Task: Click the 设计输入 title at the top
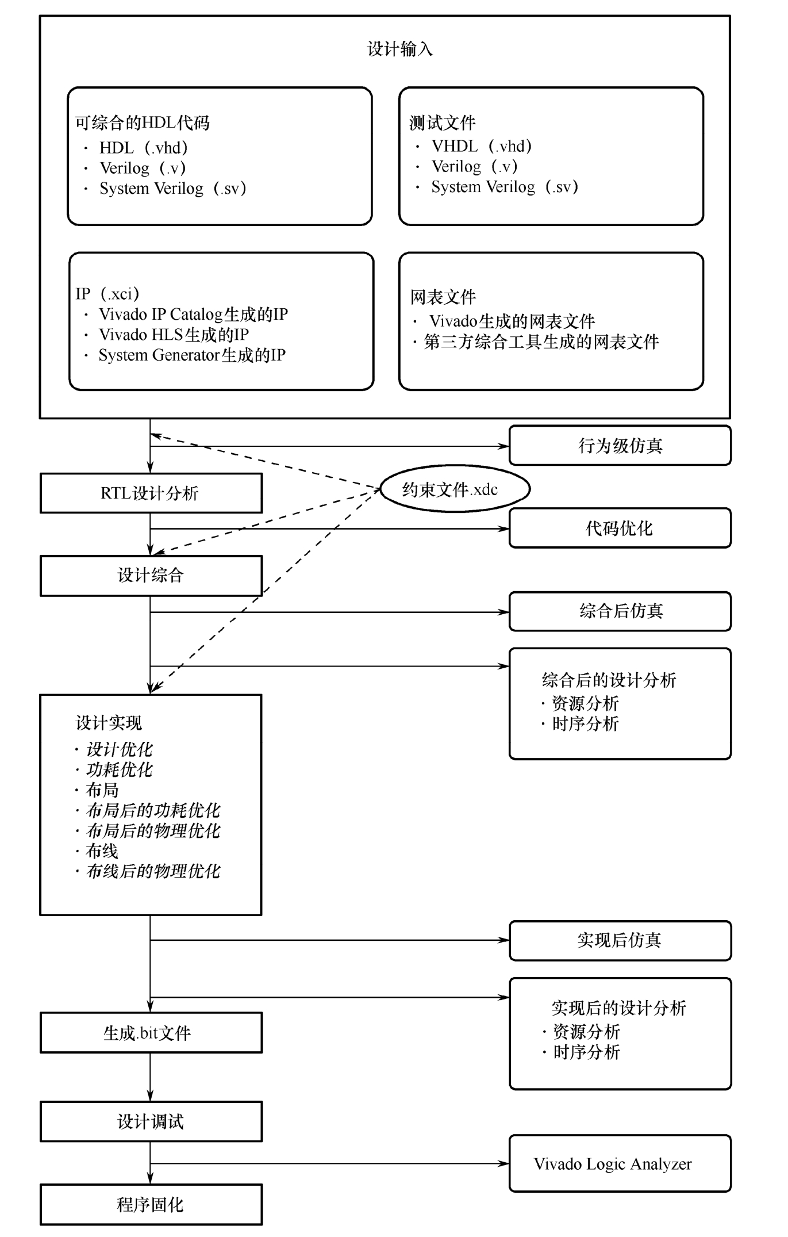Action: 399,49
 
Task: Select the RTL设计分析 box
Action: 151,493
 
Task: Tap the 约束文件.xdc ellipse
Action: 454,489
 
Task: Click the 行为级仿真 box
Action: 620,446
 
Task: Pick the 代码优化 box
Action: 620,528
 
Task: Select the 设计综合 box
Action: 151,576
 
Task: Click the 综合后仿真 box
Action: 620,611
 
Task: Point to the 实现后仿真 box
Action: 620,940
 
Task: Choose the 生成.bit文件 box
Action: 151,1033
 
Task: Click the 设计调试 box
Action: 151,1121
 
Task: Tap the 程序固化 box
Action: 151,1205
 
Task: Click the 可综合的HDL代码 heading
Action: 143,122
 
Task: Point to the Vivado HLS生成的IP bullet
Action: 174,335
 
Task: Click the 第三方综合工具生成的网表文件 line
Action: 541,342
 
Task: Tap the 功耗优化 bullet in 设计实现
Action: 119,770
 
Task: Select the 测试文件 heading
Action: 443,122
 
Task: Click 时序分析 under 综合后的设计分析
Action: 585,724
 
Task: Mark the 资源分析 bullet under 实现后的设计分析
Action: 586,1032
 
